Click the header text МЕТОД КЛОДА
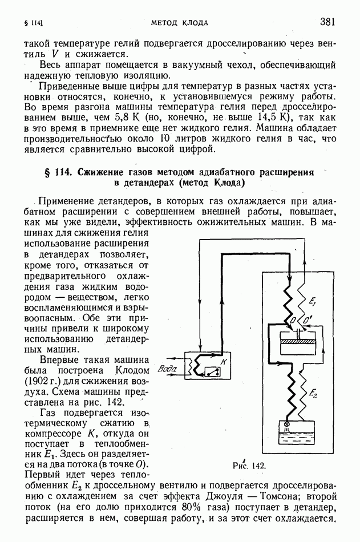click(179, 23)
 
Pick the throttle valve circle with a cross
click(287, 425)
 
